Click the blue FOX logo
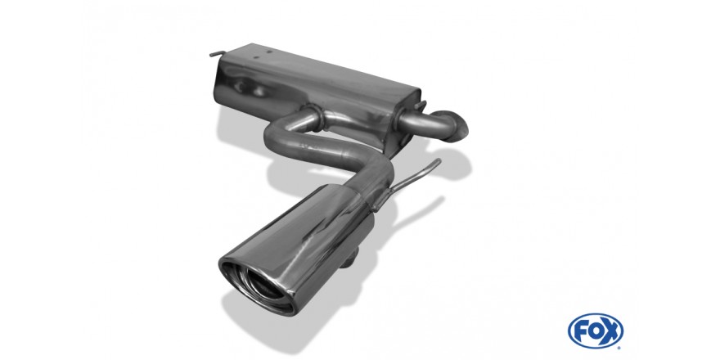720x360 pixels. [595, 331]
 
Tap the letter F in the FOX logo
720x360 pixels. [580, 331]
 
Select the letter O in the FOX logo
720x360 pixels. [595, 331]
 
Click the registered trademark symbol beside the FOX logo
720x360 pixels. [620, 346]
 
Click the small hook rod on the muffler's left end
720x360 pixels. [218, 54]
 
